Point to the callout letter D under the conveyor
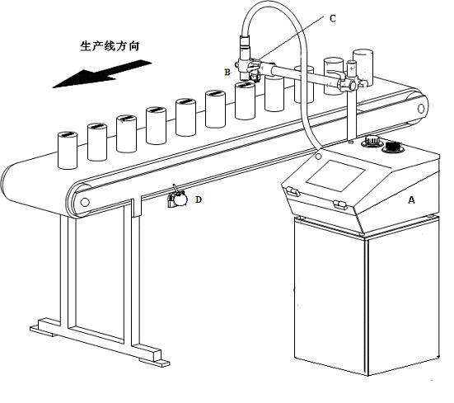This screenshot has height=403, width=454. click(198, 199)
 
